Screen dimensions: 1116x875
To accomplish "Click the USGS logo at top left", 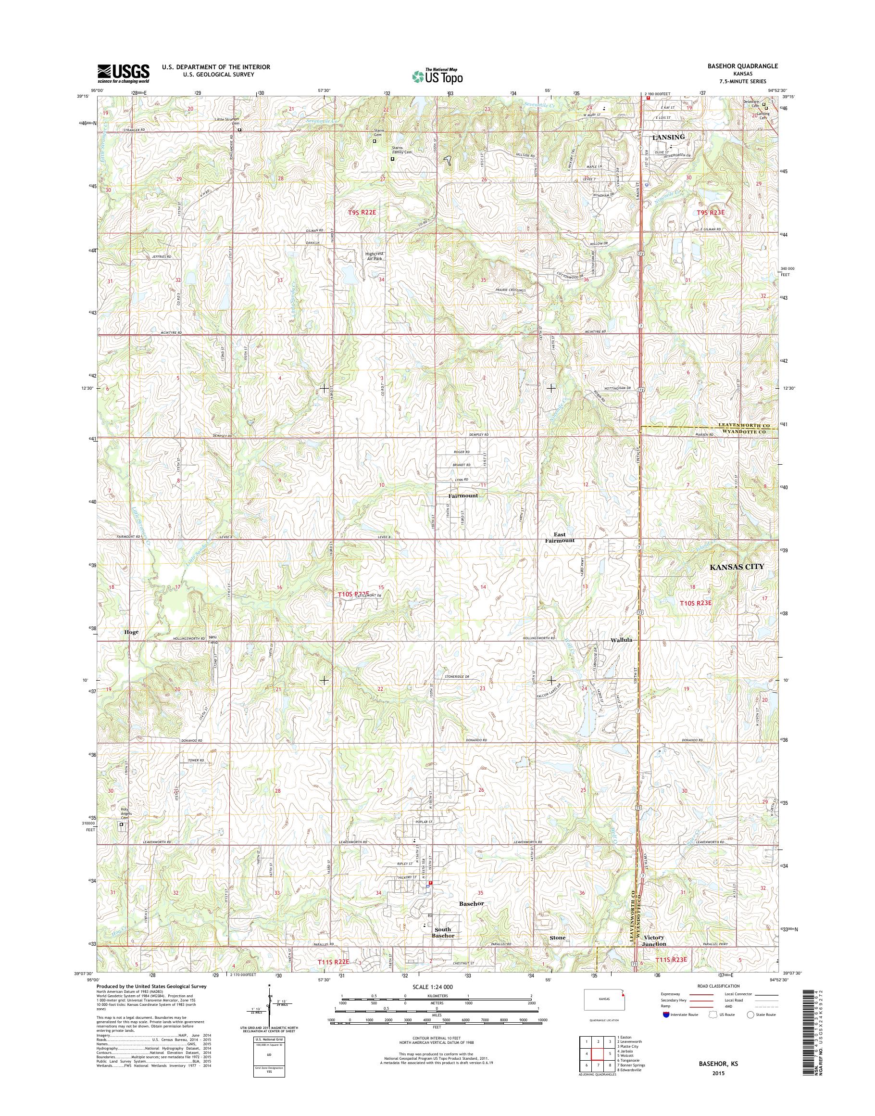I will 124,73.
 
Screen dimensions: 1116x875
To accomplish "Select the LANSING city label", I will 668,138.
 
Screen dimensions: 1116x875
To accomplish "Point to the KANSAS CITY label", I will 737,567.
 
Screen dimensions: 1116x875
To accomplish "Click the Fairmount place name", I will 463,496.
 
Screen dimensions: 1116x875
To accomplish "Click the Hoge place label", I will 131,632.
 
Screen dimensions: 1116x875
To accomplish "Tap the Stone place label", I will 557,938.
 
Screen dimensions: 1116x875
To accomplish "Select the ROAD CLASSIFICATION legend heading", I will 718,986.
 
